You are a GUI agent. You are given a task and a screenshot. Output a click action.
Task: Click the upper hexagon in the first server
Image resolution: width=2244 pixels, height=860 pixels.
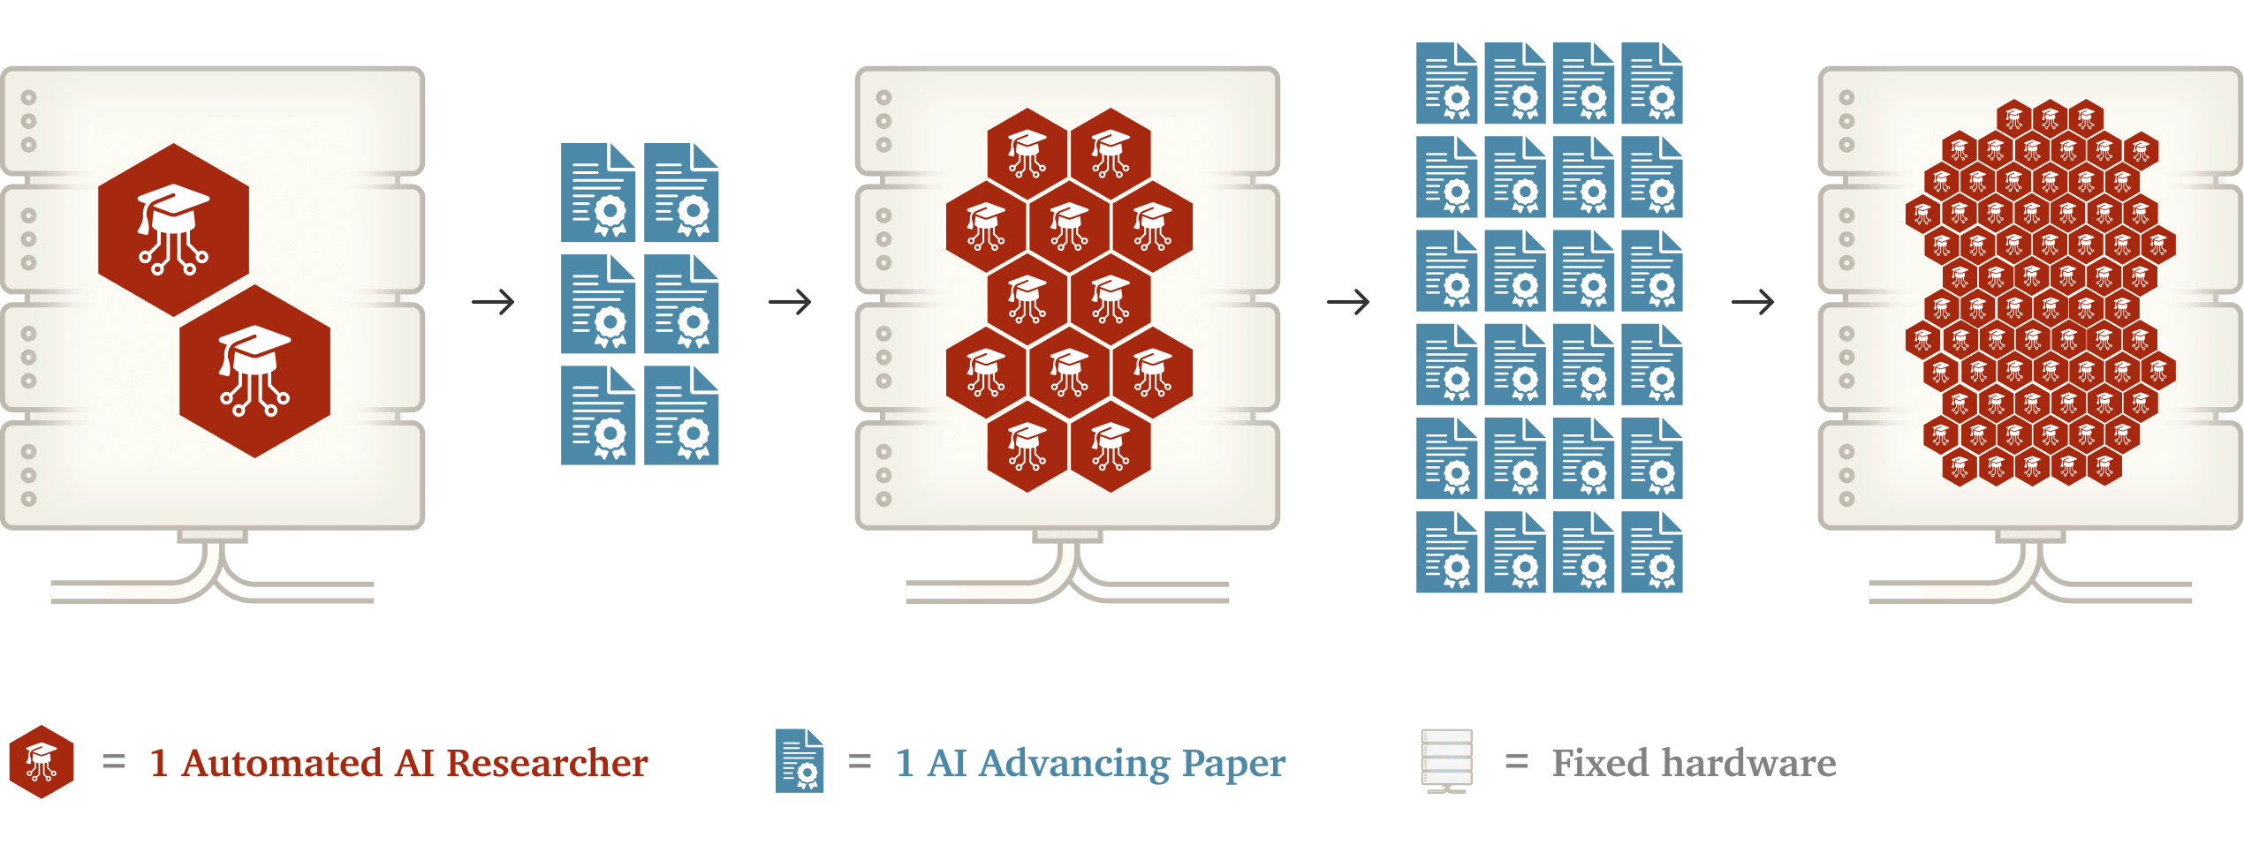coord(173,230)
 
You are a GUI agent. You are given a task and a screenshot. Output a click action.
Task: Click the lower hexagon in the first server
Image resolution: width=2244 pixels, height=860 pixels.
coord(254,371)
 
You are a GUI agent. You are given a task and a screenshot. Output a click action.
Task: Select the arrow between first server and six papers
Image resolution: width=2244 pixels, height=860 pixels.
coord(493,303)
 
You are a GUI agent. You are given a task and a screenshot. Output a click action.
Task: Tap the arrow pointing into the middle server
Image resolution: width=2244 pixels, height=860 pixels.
coord(790,303)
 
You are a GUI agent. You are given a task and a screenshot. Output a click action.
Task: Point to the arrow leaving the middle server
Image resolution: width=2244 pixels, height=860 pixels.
coord(1348,303)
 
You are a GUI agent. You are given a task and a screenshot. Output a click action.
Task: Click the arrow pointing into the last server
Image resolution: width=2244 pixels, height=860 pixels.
coord(1753,303)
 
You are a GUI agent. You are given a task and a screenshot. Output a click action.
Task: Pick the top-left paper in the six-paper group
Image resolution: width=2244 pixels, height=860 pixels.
coord(598,192)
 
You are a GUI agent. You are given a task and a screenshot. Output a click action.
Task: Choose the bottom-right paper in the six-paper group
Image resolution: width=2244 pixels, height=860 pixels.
coord(681,415)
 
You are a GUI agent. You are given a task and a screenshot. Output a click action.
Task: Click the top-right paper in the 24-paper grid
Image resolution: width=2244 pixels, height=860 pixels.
coord(1652,83)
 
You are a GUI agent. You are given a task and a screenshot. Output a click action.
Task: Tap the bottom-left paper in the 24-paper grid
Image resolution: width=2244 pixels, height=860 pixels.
coord(1447,552)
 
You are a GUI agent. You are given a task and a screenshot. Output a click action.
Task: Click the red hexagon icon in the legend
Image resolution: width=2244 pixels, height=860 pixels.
coord(41,762)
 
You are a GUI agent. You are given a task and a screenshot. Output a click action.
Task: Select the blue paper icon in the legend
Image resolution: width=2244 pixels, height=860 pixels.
coord(800,761)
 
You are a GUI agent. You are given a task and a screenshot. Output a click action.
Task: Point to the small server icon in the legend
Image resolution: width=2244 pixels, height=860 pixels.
coord(1446,760)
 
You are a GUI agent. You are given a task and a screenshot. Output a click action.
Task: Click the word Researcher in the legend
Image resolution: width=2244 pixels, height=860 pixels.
coord(547,763)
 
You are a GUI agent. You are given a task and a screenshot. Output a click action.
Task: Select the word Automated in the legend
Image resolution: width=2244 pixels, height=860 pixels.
coord(282,763)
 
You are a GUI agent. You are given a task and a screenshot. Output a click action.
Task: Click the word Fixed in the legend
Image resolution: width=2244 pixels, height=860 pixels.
coord(1600,763)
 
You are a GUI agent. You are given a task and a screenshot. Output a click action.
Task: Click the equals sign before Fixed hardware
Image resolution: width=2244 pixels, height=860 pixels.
coord(1517,761)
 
